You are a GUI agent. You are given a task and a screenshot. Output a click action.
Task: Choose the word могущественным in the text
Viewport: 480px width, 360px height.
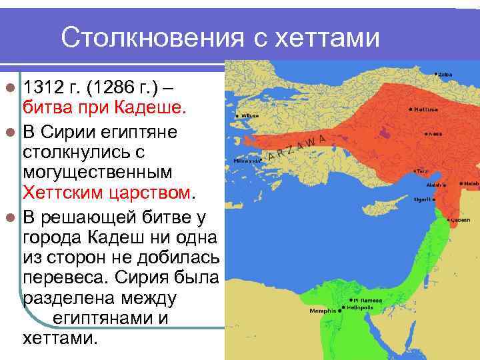[x=97, y=172]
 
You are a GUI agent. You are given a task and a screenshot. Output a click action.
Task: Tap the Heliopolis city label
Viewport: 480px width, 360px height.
[x=359, y=309]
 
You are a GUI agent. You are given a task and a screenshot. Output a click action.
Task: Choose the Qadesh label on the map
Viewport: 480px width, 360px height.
[x=460, y=219]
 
